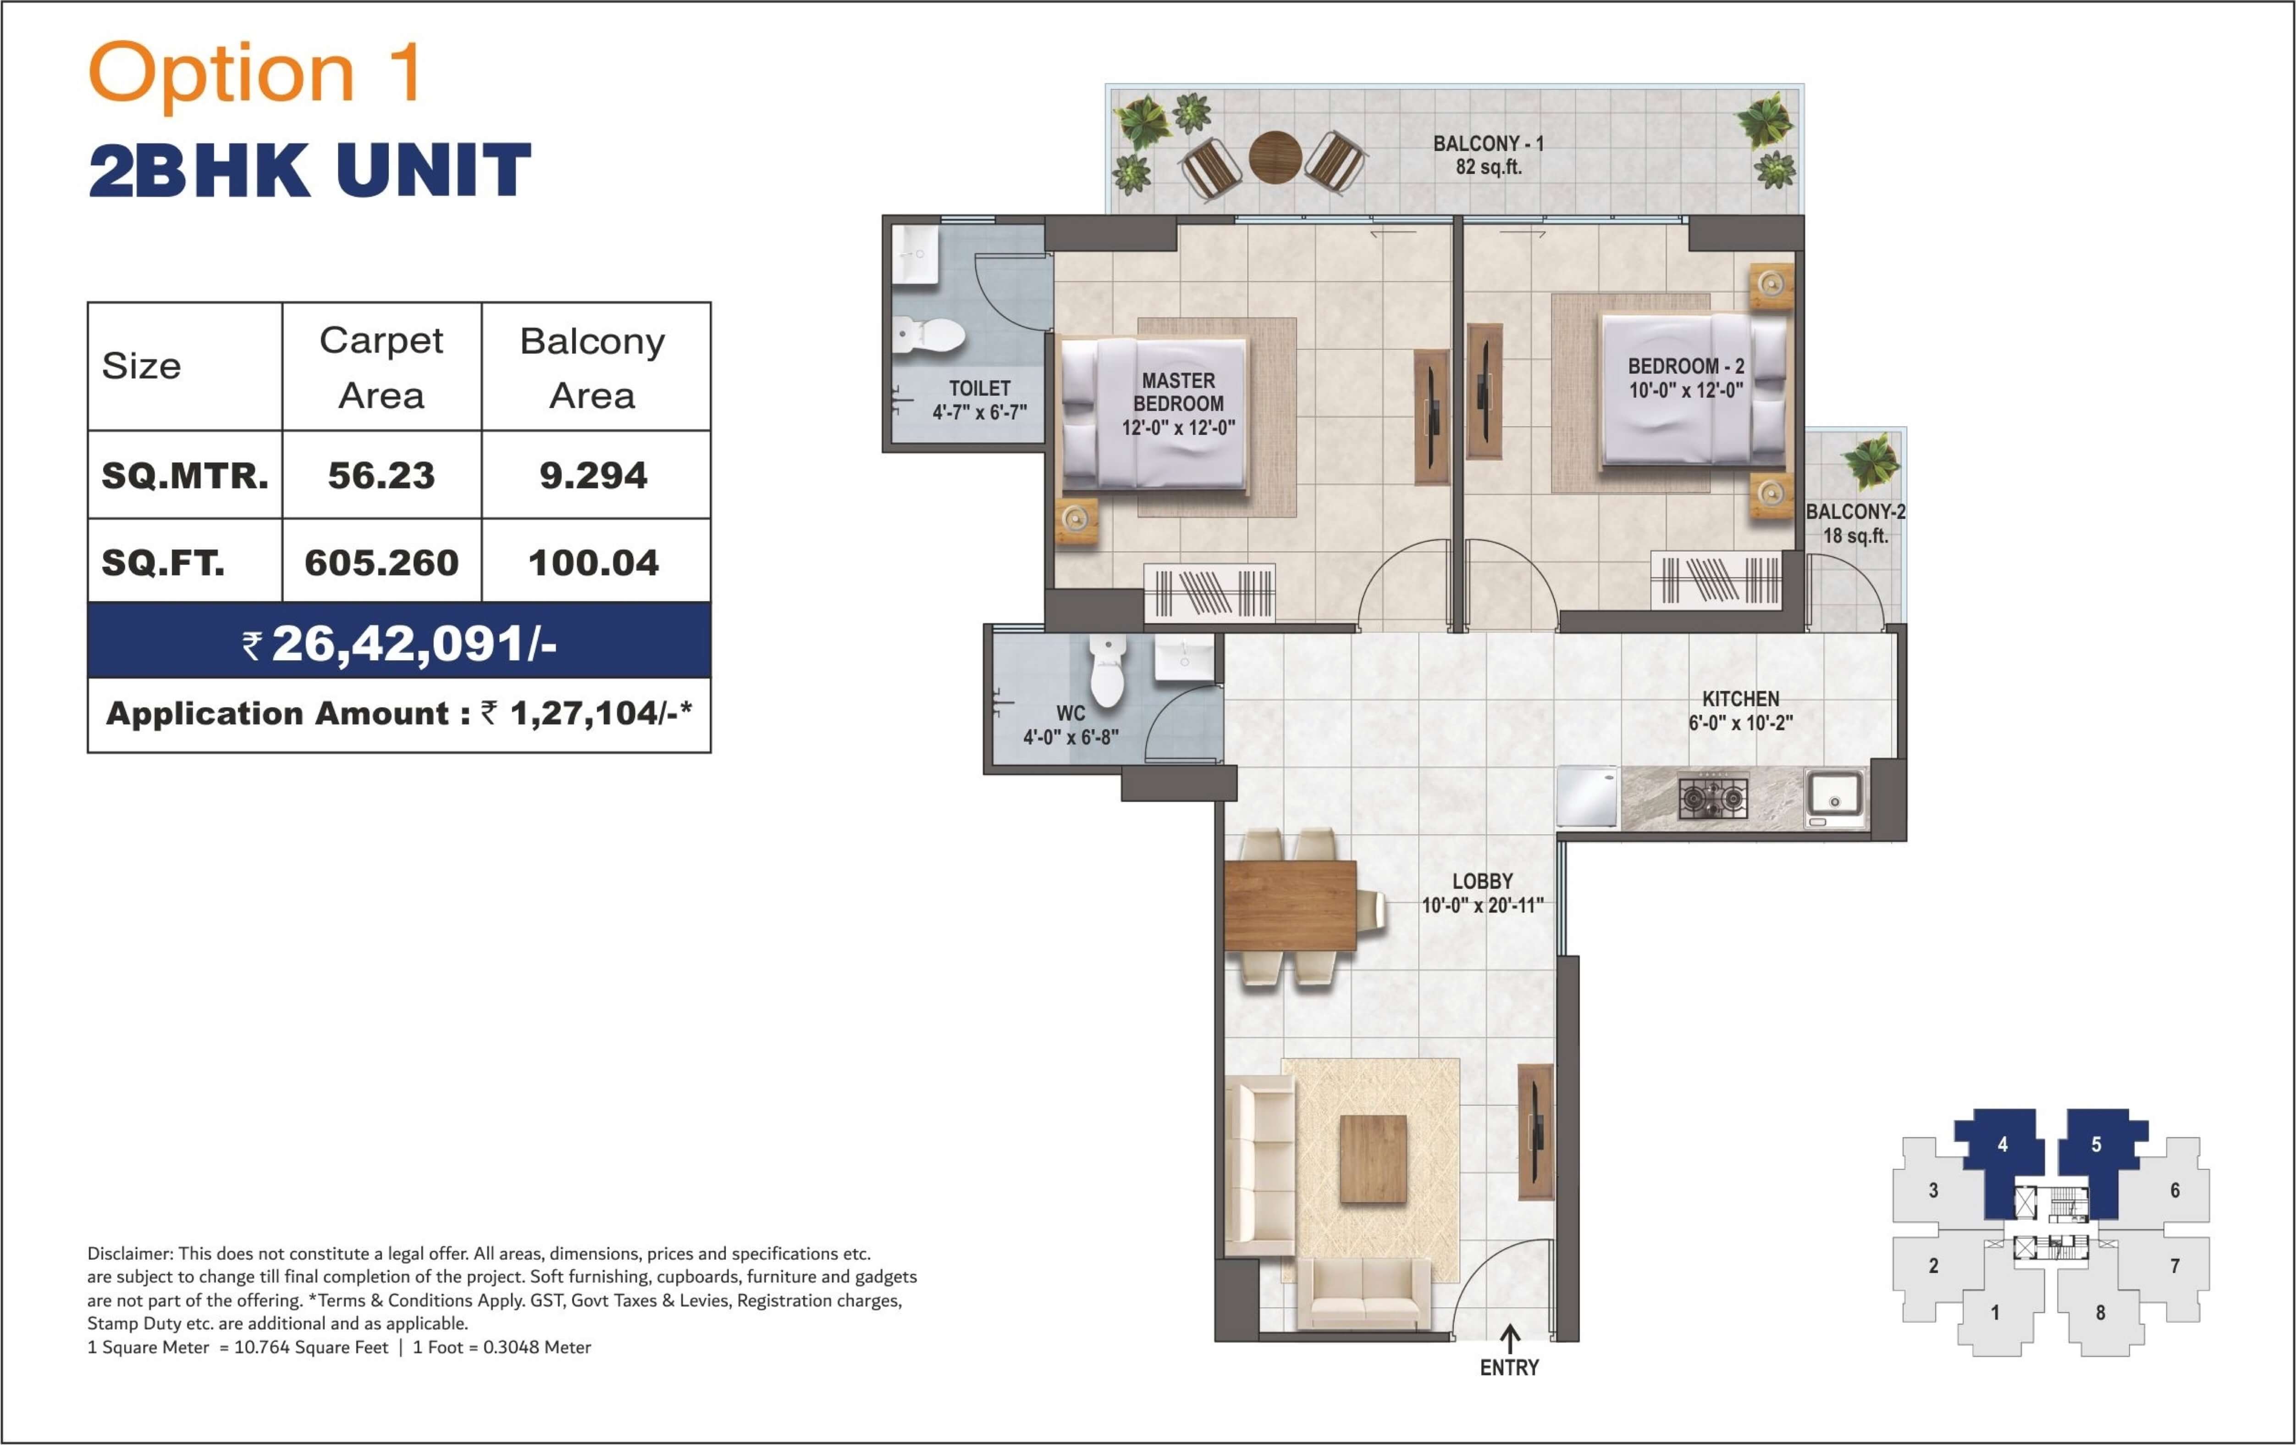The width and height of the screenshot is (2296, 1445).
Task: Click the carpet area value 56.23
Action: pos(381,475)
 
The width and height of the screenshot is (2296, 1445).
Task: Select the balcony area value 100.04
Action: pos(593,563)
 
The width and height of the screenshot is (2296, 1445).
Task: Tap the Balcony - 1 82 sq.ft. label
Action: pos(1488,155)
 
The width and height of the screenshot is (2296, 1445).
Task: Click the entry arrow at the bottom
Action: pos(1509,1337)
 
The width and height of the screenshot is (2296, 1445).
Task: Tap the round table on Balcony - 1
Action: pos(1275,156)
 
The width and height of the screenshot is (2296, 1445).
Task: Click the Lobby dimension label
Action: pos(1483,905)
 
